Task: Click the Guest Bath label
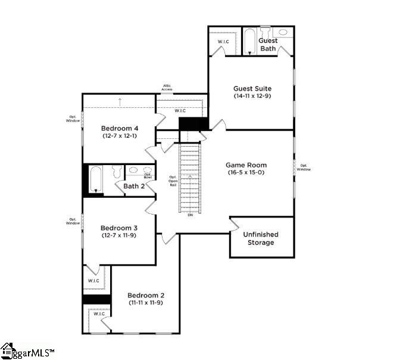(268, 45)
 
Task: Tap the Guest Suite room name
(252, 88)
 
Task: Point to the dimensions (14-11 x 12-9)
(252, 96)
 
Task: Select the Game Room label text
(246, 165)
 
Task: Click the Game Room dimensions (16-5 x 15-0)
(246, 173)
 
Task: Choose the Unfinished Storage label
(261, 238)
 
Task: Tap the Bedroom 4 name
(120, 128)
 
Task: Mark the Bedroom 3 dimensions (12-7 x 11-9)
(119, 235)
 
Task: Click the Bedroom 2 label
(146, 295)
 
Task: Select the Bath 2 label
(134, 187)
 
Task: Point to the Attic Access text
(167, 88)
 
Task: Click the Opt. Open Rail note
(173, 181)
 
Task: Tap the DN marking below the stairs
(191, 215)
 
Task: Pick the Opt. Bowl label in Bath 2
(147, 175)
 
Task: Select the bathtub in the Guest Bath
(250, 41)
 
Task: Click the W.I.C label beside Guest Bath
(223, 42)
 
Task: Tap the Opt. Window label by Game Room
(304, 167)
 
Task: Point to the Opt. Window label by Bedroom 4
(73, 119)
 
